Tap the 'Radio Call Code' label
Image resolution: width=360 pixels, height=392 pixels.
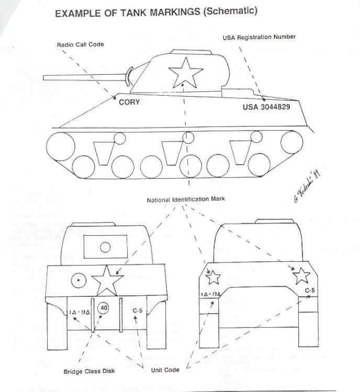tap(80, 45)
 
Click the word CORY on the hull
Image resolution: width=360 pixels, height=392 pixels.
tap(129, 102)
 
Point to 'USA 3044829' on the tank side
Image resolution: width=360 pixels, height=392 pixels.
tap(267, 107)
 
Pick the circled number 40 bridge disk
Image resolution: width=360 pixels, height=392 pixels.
tap(104, 308)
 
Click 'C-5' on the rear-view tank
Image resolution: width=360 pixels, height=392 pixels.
tap(309, 290)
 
